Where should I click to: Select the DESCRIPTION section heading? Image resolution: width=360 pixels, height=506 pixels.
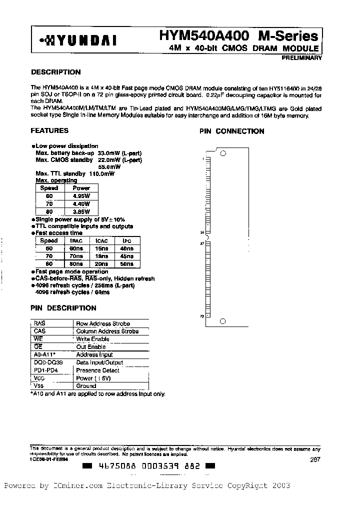click(x=56, y=72)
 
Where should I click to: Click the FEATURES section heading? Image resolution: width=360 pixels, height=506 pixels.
click(x=49, y=130)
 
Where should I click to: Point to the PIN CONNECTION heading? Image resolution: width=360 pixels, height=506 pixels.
click(x=232, y=131)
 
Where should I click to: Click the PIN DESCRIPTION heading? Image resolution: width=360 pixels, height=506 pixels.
click(x=63, y=308)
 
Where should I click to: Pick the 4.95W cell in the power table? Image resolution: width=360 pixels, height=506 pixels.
click(x=81, y=196)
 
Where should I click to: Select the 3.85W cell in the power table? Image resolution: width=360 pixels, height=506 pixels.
click(x=81, y=212)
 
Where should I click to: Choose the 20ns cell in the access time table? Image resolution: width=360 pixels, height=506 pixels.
click(x=102, y=263)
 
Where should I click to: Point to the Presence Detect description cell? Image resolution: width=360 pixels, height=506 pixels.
click(x=97, y=370)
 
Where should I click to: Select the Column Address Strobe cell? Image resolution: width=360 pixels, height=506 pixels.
click(x=107, y=331)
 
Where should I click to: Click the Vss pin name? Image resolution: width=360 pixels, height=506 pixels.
click(x=38, y=386)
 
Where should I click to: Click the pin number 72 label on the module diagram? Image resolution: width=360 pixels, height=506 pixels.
click(x=202, y=316)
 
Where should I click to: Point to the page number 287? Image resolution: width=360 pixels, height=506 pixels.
click(x=314, y=458)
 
